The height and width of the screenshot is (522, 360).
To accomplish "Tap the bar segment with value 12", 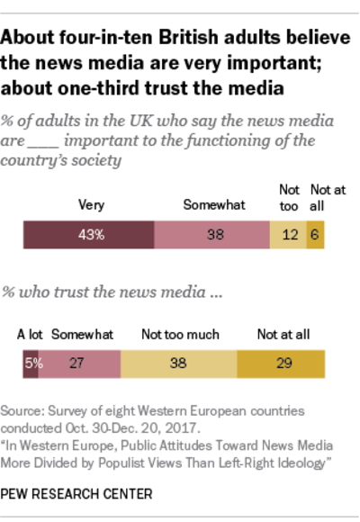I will coord(288,236).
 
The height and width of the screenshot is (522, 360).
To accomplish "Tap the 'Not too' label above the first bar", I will coord(287,190).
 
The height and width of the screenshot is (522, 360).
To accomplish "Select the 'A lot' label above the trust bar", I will coord(31,334).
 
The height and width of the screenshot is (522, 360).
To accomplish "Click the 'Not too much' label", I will coord(180,334).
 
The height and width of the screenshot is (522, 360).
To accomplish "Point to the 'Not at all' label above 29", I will coord(283,334).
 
